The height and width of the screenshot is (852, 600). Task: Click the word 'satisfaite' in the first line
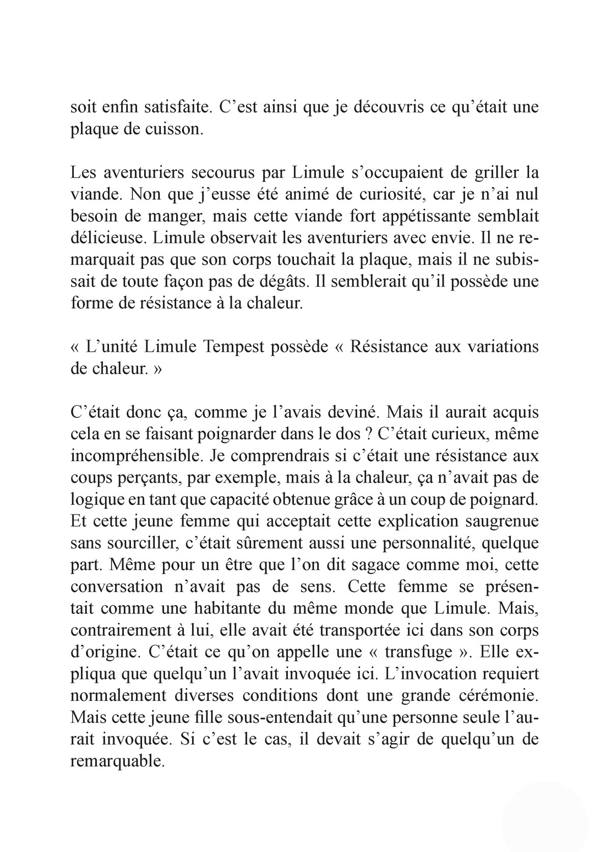pyautogui.click(x=174, y=108)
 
